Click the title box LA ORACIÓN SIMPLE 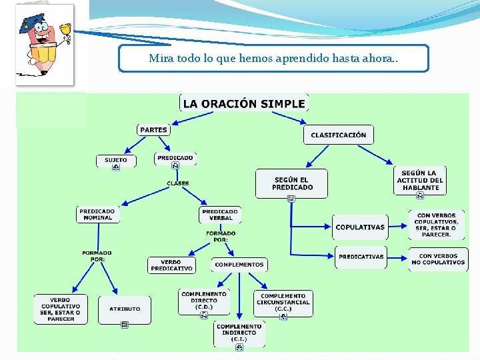coord(244,103)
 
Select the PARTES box coord(153,129)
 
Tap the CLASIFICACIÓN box coord(338,135)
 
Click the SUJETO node coord(115,160)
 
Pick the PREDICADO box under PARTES coord(175,158)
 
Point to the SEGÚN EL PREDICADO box coord(292,183)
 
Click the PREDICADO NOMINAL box coord(97,215)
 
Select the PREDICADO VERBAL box coord(221,215)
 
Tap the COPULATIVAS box coord(360,227)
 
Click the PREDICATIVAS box coord(361,257)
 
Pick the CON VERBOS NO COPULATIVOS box coord(438,259)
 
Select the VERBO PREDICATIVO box coord(171,265)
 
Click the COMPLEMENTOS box coord(239,265)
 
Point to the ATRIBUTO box coord(125,309)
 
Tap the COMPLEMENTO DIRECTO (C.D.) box coord(204,301)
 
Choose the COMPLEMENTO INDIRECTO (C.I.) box coord(239,333)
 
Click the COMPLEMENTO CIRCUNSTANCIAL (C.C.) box coord(283,303)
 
